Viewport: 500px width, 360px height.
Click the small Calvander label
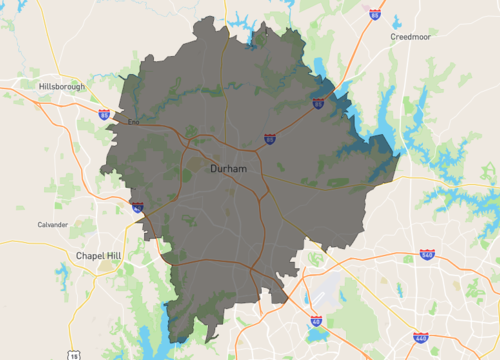(x=53, y=224)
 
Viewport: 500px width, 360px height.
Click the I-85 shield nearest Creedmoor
(x=374, y=15)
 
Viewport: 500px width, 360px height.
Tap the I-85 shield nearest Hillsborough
(x=105, y=115)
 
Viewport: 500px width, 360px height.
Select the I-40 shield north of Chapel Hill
(x=137, y=207)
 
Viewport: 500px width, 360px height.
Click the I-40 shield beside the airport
(x=316, y=320)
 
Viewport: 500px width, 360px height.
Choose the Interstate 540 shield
(x=427, y=255)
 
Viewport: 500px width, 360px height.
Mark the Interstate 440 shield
(x=419, y=338)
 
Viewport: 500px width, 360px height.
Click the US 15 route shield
(x=74, y=355)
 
